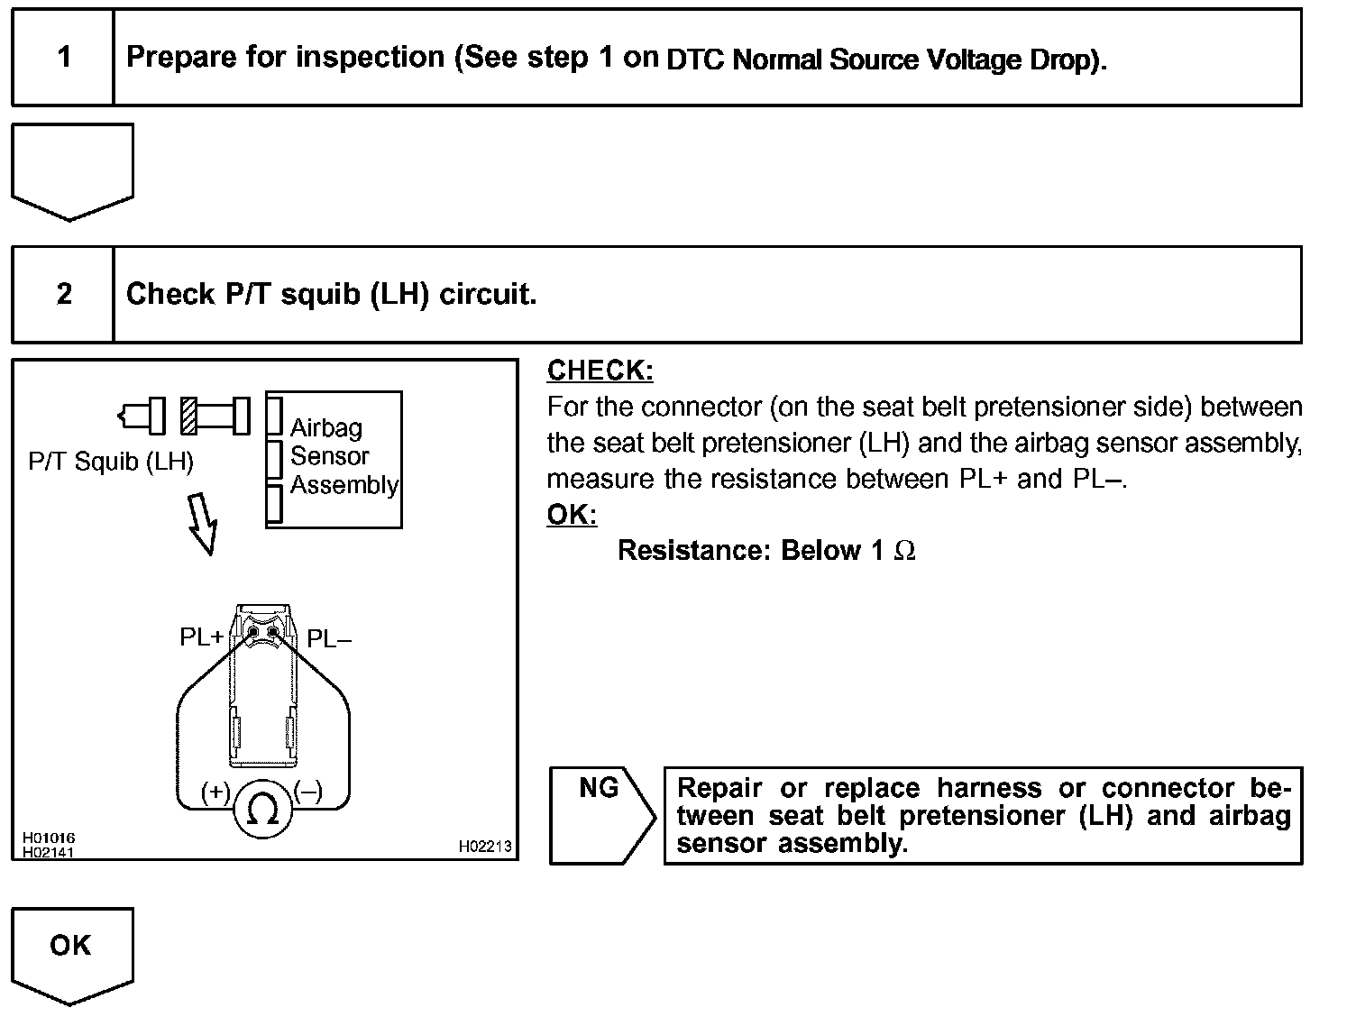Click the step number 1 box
63,58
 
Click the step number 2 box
63,295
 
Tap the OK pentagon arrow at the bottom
71,952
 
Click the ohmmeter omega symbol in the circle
262,811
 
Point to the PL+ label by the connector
201,637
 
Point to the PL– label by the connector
329,639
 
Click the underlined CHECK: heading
600,371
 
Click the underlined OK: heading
572,515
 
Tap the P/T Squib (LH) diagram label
111,463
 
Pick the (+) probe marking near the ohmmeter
215,792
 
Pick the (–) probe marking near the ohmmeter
308,792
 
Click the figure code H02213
484,847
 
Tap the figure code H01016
49,838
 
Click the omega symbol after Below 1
904,551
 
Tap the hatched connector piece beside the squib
188,416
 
